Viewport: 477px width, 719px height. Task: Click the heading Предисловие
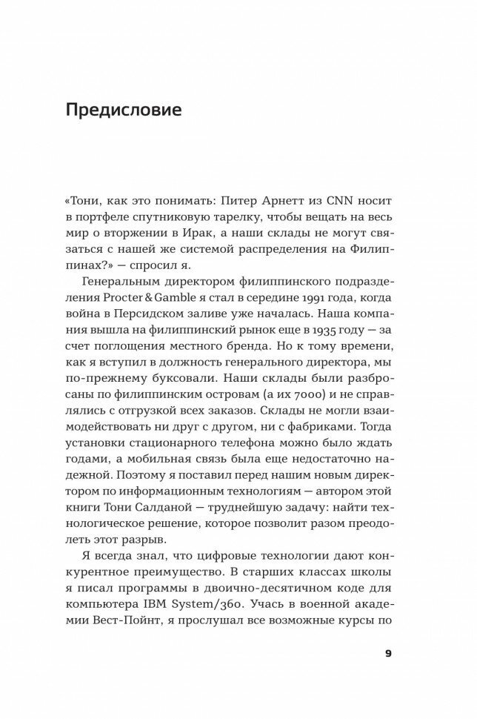click(124, 112)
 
